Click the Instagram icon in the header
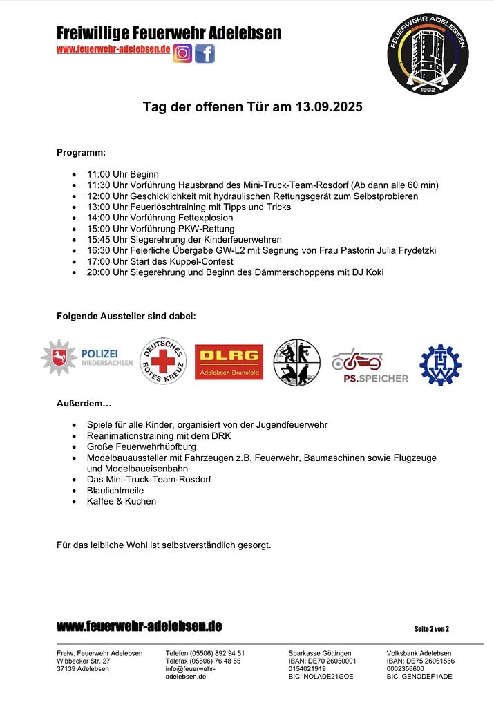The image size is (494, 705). (x=183, y=53)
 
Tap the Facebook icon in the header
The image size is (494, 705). (x=205, y=53)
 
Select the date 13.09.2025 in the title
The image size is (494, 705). (x=329, y=108)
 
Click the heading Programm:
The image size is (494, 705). (x=81, y=152)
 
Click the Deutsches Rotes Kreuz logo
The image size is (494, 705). (x=163, y=361)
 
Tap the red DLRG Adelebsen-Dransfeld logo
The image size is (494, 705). (x=229, y=361)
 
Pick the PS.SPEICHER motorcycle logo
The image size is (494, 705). (x=370, y=365)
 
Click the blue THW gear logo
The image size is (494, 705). (x=440, y=364)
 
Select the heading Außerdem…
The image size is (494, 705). (x=84, y=403)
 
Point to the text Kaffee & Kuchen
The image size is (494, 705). (x=122, y=501)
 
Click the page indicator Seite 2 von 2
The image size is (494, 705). (x=431, y=628)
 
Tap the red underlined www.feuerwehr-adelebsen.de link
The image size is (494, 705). (x=113, y=49)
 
